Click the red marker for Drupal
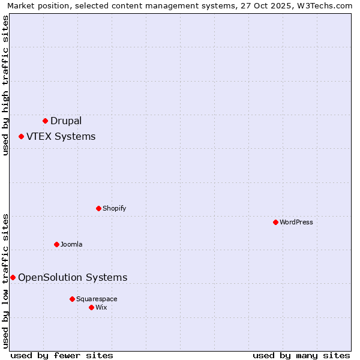coord(45,121)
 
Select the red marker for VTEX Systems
coord(21,136)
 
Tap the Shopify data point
coord(98,208)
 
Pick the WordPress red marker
coord(275,222)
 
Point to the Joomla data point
coord(56,244)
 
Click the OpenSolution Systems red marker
coord(13,277)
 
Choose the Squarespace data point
coord(72,299)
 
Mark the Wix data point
coord(91,307)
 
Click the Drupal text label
coord(66,121)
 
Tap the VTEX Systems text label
coord(61,136)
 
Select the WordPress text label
coord(296,222)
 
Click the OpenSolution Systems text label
coord(73,277)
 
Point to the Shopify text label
coord(114,208)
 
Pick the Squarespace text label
coord(97,299)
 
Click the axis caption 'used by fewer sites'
coord(62,355)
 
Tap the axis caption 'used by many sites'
coord(301,355)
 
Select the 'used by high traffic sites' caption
coord(5,85)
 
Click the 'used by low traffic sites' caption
coord(5,280)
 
